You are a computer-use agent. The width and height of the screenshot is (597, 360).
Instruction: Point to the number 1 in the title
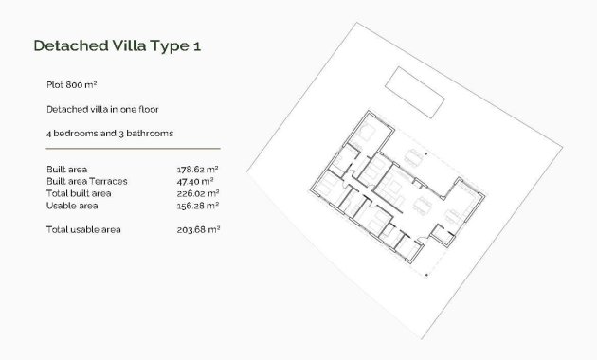[196, 45]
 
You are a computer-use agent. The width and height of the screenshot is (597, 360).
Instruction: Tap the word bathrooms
[149, 134]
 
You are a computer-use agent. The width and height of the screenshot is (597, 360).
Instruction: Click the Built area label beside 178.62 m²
[66, 169]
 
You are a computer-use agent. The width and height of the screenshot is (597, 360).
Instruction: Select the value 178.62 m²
[198, 169]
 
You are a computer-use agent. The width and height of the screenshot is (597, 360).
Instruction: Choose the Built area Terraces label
[86, 180]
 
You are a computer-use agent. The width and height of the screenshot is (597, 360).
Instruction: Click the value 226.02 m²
[198, 192]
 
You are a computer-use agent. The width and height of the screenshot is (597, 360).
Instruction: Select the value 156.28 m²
[198, 205]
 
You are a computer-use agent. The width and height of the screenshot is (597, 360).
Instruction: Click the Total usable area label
[83, 229]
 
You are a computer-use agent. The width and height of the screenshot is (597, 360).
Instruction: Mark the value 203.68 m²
[198, 229]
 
